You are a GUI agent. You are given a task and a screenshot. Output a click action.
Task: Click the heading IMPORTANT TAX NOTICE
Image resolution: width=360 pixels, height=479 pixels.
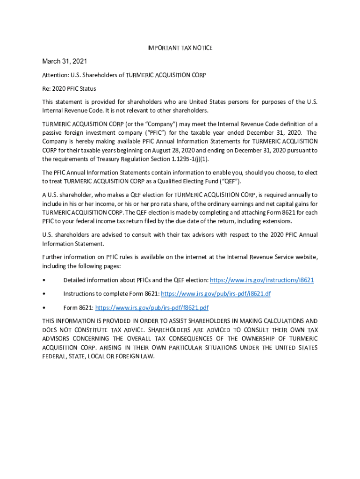pyautogui.click(x=180, y=48)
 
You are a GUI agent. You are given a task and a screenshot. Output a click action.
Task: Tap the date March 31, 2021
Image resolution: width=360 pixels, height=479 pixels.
pyautogui.click(x=65, y=61)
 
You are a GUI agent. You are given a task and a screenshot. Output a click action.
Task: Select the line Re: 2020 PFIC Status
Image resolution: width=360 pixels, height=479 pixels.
pyautogui.click(x=69, y=88)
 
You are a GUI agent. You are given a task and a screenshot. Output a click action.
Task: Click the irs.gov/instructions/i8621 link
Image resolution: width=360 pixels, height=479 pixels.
pyautogui.click(x=262, y=280)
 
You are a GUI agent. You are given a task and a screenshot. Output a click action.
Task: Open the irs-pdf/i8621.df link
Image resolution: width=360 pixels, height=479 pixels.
pyautogui.click(x=216, y=294)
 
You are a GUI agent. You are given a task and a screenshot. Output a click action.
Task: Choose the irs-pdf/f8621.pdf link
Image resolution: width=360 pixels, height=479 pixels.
pyautogui.click(x=152, y=307)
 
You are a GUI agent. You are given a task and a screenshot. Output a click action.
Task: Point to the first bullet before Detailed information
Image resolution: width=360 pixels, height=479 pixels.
pyautogui.click(x=43, y=280)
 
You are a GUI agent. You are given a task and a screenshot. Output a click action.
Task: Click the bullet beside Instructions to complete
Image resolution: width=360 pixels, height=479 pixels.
pyautogui.click(x=43, y=294)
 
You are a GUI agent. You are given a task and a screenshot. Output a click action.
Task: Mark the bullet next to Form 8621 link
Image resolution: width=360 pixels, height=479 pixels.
pyautogui.click(x=43, y=308)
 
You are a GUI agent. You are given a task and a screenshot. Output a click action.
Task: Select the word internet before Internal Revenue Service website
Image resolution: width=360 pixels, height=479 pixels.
pyautogui.click(x=193, y=257)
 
